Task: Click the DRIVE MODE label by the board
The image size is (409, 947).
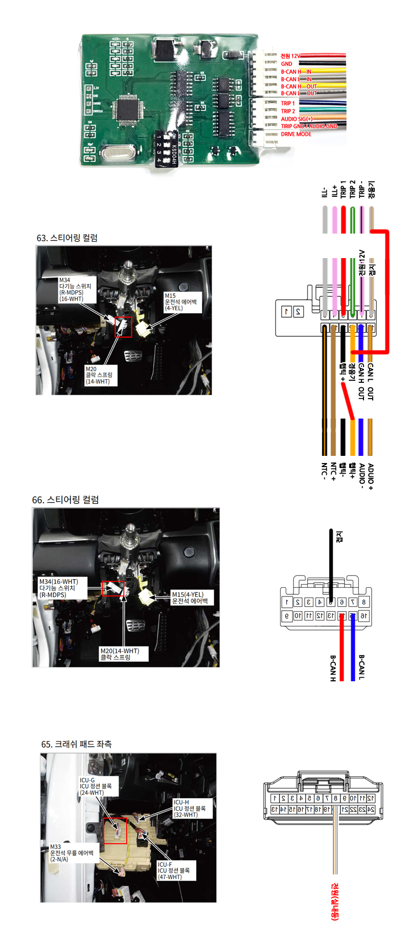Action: (x=296, y=134)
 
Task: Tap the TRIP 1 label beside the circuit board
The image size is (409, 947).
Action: (x=288, y=103)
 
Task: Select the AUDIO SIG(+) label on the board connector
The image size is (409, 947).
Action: (x=297, y=119)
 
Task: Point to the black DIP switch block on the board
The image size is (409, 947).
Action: (x=166, y=148)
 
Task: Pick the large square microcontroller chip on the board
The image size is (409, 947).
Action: (x=126, y=109)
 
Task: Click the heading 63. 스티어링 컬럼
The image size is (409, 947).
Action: (x=67, y=238)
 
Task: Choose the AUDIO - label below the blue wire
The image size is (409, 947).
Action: (x=361, y=475)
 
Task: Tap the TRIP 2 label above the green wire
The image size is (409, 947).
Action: (x=352, y=189)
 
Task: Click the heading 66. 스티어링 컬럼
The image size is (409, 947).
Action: (x=65, y=500)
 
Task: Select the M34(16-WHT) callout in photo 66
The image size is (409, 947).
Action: (x=59, y=588)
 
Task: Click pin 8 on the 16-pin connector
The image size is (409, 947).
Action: (x=364, y=602)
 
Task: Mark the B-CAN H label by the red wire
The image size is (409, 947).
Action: (x=333, y=668)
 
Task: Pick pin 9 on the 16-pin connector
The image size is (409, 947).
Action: (x=287, y=616)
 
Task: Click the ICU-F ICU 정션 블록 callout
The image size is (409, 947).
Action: (x=174, y=870)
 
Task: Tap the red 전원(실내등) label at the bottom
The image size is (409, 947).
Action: (x=335, y=902)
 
